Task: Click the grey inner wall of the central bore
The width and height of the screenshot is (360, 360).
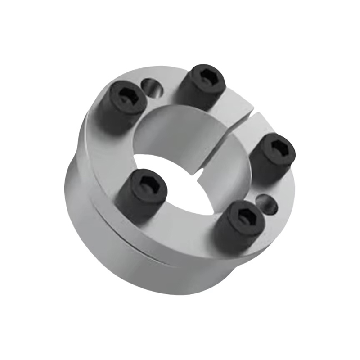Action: tap(175, 130)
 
